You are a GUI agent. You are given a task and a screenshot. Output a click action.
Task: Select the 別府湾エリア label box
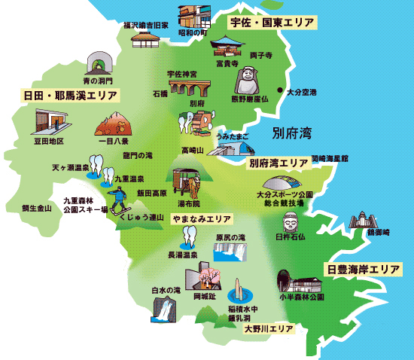click(x=278, y=162)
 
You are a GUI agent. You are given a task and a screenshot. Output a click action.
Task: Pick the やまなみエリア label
click(x=200, y=218)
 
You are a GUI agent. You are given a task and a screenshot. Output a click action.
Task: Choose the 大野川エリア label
click(x=268, y=329)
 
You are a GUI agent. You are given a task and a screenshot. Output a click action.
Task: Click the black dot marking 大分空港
click(x=279, y=92)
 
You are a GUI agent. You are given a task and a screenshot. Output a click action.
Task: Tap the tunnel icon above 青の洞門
click(x=96, y=62)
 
